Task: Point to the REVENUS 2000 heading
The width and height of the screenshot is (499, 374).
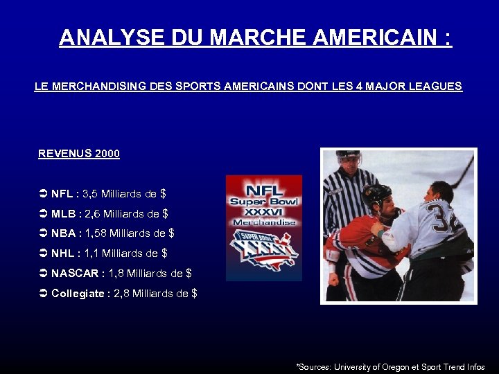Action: (x=79, y=154)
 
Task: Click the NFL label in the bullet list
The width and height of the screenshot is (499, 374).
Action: (x=62, y=195)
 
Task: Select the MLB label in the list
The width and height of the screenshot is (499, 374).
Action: (x=63, y=214)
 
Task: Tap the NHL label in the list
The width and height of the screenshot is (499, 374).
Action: (x=63, y=253)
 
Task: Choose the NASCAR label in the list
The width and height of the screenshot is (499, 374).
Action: (x=75, y=274)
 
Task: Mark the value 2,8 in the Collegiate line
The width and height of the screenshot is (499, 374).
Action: (x=122, y=294)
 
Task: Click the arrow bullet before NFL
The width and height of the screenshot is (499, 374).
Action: (x=43, y=195)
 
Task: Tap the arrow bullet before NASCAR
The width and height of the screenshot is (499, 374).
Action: (x=43, y=274)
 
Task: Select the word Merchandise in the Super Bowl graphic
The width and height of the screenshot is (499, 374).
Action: (x=264, y=222)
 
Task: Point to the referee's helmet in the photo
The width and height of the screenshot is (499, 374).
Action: (x=348, y=157)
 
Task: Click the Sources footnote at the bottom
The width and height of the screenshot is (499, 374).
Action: (x=390, y=366)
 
